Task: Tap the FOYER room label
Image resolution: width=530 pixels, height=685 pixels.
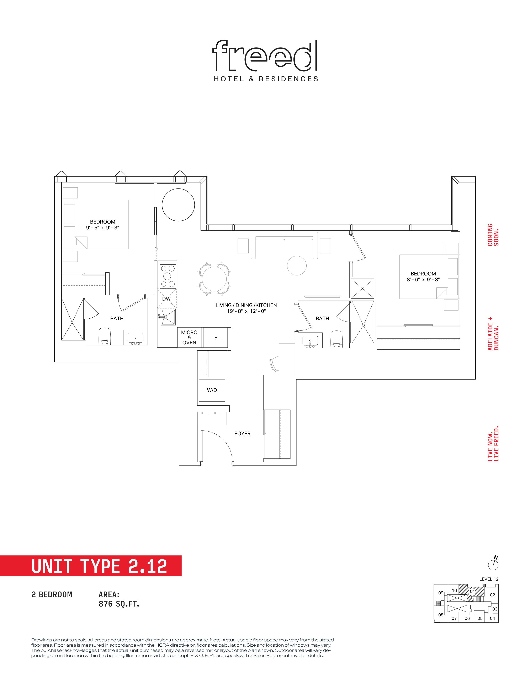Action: tap(242, 433)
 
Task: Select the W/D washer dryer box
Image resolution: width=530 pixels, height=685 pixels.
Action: tap(212, 390)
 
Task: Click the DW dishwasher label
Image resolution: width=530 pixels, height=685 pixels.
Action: tap(166, 298)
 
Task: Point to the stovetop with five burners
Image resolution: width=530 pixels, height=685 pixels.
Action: tap(168, 276)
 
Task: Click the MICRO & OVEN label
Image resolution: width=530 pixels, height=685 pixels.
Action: tap(189, 338)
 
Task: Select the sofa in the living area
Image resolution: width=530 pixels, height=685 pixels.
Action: tap(284, 245)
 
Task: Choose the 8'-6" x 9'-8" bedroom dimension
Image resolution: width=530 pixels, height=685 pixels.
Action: tap(423, 279)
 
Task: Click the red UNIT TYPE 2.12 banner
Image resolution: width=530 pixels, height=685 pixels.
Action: tap(91, 566)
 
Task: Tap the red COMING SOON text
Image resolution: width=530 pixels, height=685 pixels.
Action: tap(493, 235)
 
